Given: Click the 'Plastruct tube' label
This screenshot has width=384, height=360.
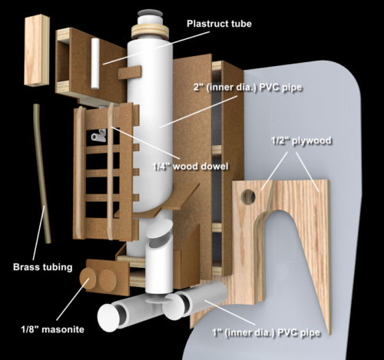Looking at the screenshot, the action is [219, 24].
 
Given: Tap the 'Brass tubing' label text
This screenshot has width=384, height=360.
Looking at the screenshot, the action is [43, 267].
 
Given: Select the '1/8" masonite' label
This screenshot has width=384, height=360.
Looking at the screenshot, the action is [53, 329].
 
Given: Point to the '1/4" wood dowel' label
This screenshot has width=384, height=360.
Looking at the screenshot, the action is [190, 167].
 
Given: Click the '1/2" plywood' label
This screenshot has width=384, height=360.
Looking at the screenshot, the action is [301, 140].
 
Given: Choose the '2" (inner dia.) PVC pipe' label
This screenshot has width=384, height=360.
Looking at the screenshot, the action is [247, 88].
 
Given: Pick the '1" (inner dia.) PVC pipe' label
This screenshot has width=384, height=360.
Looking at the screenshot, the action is [266, 332].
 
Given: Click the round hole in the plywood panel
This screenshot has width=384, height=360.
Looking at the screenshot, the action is [248, 197].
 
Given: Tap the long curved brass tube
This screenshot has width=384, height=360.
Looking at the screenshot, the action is [41, 173].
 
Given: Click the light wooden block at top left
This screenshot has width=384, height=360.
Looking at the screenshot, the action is [37, 50].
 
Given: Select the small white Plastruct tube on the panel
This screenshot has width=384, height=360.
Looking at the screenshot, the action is [95, 64].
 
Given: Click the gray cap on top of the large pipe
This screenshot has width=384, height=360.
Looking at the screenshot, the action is [150, 13].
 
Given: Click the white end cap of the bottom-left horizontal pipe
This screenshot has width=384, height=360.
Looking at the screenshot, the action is [108, 318].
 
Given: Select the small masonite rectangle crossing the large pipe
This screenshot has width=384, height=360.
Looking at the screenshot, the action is [130, 73].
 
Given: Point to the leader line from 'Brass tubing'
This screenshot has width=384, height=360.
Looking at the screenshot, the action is [39, 233].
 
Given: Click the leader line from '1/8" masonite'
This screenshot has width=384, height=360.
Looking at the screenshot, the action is [72, 299].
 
